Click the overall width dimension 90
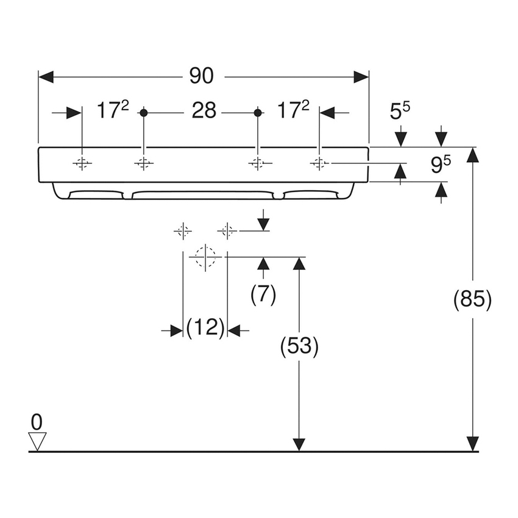coord(201,76)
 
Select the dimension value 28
coord(204,112)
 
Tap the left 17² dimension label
coord(113,111)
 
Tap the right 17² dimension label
coord(293,111)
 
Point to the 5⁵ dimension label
coord(400,112)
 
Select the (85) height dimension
coord(472,300)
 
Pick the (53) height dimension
coord(299,346)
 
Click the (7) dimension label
coord(263,294)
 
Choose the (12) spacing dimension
coord(205,330)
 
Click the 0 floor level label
coord(37,421)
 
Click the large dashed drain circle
coord(205,257)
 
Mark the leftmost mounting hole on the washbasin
coord(82,163)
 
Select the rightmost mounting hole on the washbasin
coord(318,163)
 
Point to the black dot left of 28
coord(144,112)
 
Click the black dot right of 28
coord(257,112)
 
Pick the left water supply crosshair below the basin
coord(183,231)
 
